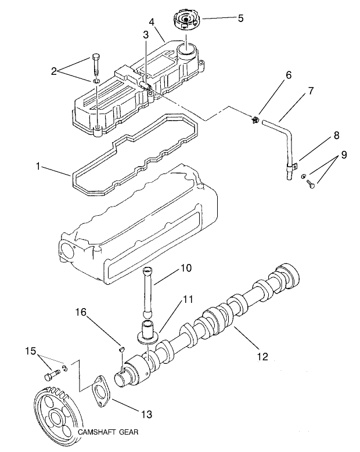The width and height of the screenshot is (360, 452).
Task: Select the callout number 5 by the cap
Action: coord(240,17)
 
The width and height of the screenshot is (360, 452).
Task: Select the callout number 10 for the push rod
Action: coord(185,269)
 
